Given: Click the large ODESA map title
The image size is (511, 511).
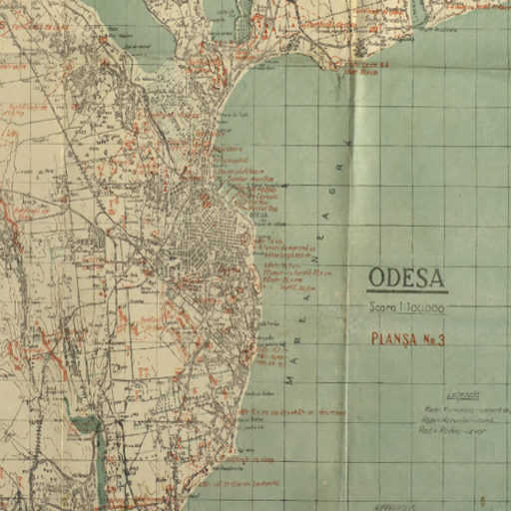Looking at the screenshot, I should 406,278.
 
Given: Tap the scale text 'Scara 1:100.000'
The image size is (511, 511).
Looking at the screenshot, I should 406,308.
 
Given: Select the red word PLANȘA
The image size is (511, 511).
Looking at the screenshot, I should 393,339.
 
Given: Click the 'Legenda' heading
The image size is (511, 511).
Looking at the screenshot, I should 463,395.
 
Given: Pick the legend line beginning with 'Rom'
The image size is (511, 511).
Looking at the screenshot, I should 466,409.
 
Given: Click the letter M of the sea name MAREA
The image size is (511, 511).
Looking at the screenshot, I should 289,380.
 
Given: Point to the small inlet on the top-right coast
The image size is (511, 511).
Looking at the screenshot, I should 416,13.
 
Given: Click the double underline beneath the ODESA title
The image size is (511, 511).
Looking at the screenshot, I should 406,291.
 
